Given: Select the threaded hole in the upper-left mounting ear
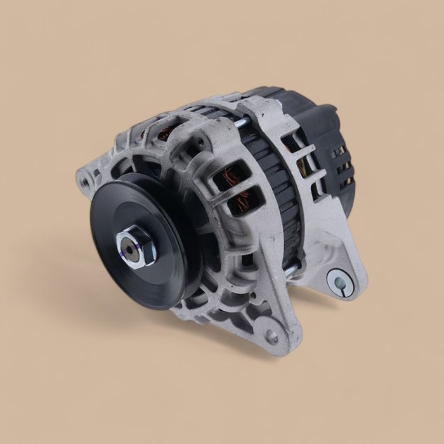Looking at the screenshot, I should point(85,182).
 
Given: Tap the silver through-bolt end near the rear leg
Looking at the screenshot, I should point(289,271).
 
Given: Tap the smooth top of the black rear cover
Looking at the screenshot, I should point(298,105).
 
